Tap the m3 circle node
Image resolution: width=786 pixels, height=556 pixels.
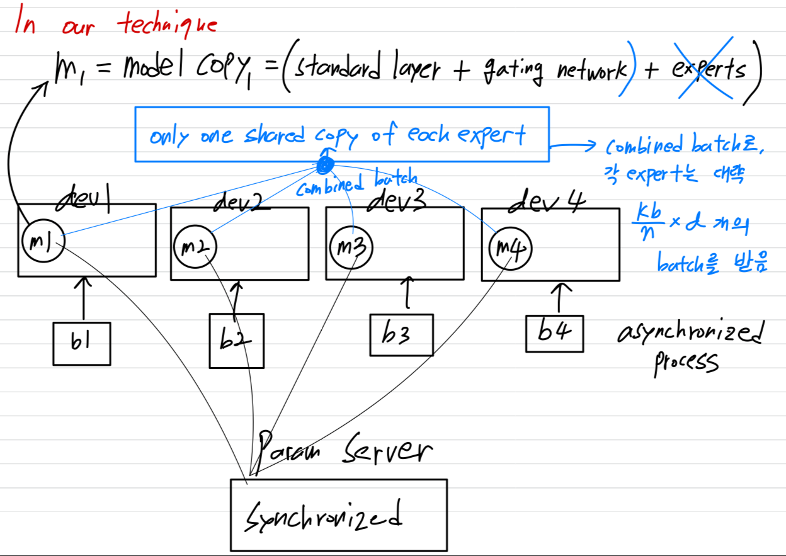(x=350, y=247)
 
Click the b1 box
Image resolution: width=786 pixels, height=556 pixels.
(x=82, y=344)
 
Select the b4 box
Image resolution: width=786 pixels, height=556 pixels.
(x=554, y=333)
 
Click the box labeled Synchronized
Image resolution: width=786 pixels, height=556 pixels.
(x=338, y=515)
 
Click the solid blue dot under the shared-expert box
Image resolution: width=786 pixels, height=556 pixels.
(x=324, y=166)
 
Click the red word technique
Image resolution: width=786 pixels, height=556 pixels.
(x=168, y=25)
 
